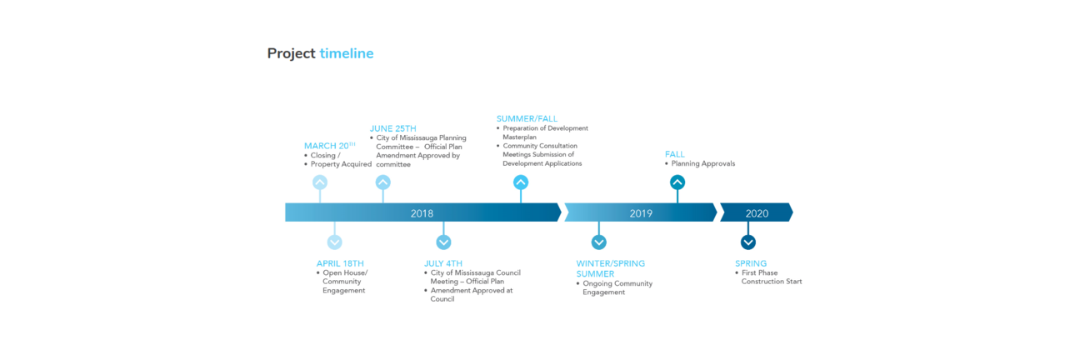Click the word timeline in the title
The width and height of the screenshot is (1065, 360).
pos(347,53)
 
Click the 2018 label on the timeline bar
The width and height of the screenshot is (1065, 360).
pos(422,213)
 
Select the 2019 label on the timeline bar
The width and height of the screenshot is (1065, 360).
pos(641,213)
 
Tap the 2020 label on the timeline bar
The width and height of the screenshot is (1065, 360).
pos(757,213)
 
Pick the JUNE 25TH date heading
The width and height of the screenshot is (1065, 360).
pos(393,128)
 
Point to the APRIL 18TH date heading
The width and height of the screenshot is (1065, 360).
pos(340,263)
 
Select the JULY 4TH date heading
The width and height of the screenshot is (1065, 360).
pos(443,263)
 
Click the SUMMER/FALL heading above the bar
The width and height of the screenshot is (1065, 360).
pos(527,118)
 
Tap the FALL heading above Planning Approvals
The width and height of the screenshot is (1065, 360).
pos(675,154)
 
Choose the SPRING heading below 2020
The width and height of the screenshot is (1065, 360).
pos(751,263)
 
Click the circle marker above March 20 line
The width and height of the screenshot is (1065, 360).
pos(320,182)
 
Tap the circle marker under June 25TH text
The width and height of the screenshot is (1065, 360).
pos(383,182)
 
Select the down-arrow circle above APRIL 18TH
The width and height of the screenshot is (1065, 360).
pos(335,242)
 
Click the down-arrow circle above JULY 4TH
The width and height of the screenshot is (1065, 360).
pos(443,242)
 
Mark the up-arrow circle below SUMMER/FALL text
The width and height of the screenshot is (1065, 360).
pos(521,182)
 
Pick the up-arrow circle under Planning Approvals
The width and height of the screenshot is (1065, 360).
pos(677,182)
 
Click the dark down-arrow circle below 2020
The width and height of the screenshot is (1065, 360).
pos(748,242)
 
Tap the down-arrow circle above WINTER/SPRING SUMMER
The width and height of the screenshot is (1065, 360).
pos(599,242)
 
